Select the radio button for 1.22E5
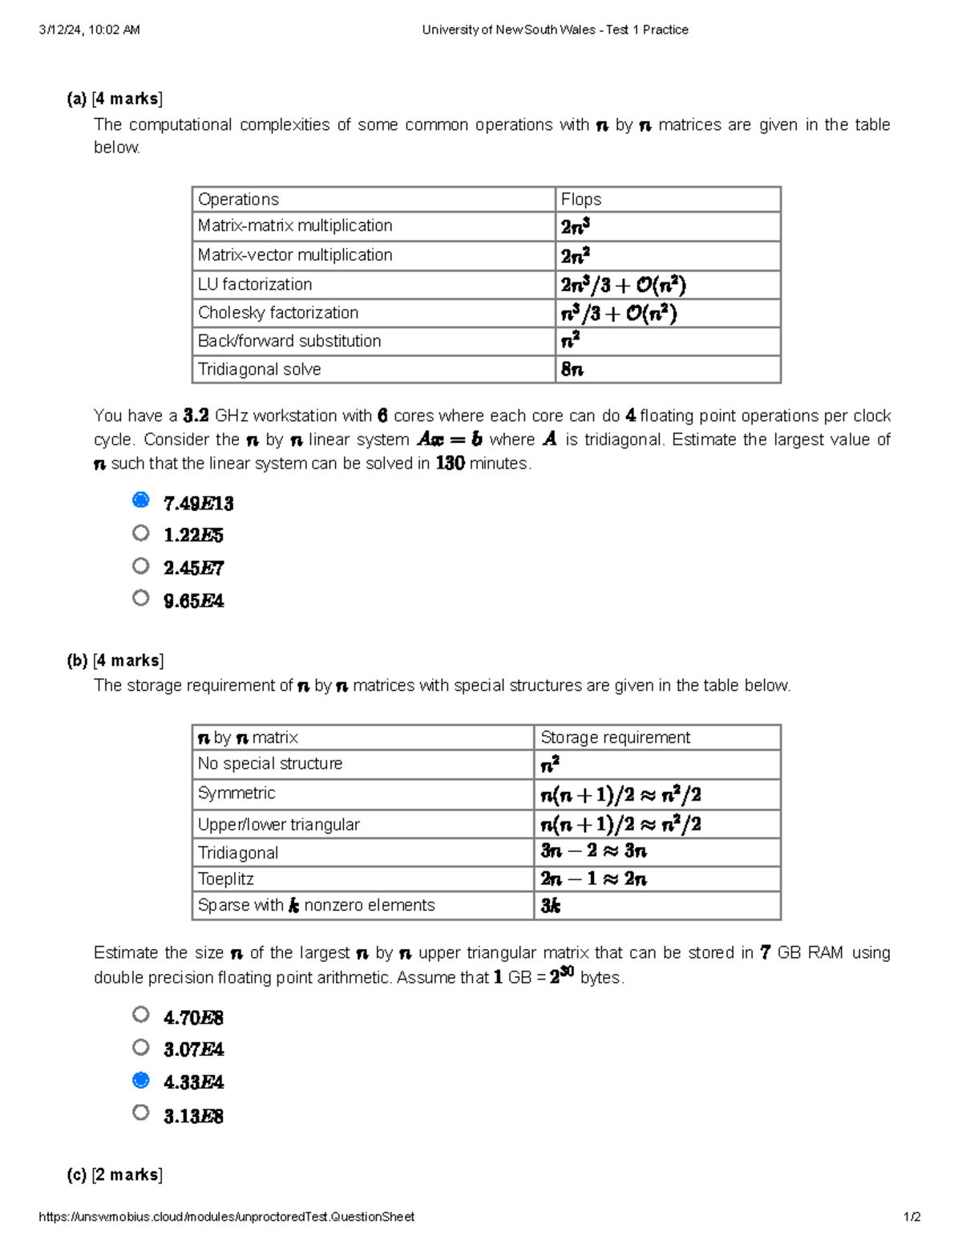point(141,533)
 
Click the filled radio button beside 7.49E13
point(141,501)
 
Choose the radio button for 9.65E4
point(141,598)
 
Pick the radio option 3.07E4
point(141,1047)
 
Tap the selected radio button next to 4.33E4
point(141,1080)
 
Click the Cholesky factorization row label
point(278,313)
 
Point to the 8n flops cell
point(572,370)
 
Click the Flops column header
point(581,200)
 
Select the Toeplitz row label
point(226,879)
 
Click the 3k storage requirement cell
point(551,906)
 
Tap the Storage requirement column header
point(615,737)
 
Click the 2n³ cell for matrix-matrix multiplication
point(576,227)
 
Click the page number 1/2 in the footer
point(911,1216)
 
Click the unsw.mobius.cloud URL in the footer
point(227,1216)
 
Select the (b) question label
point(77,660)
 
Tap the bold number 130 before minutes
point(450,464)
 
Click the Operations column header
point(238,200)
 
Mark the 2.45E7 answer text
point(193,568)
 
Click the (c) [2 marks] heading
point(115,1175)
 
